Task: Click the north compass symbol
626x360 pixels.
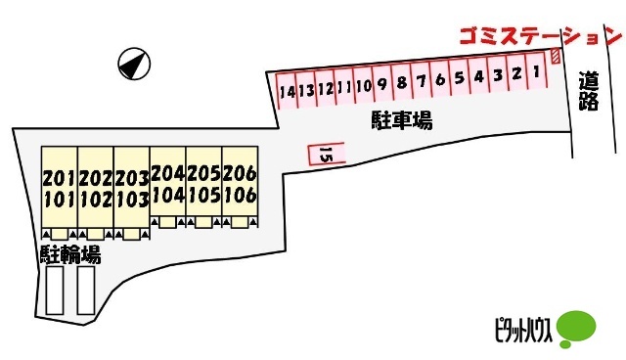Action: coord(134,66)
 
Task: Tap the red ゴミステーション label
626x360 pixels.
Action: coord(541,37)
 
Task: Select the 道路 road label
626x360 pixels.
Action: coord(588,92)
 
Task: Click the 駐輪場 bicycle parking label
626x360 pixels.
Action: coord(70,255)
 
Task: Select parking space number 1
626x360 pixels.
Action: coord(536,72)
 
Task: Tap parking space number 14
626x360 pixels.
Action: coord(286,91)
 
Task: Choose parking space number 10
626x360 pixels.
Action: coord(364,86)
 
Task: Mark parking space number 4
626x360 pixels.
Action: coord(479,76)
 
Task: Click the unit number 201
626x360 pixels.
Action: coord(59,179)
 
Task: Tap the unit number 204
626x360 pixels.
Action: coord(167,173)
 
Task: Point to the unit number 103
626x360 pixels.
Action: coord(131,200)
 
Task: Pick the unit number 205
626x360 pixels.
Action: coord(203,173)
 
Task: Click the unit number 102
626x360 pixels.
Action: coord(95,200)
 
